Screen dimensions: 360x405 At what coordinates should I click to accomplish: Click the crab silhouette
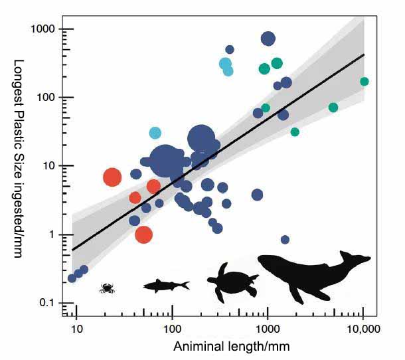coord(106,288)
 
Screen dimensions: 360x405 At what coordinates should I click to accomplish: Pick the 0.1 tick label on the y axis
coord(46,303)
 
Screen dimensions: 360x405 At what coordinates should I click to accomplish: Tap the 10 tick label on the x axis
coord(77,328)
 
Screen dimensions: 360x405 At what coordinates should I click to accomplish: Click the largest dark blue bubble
coord(166,160)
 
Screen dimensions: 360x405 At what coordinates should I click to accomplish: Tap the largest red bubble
coord(112,177)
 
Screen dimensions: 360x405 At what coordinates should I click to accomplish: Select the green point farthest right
coord(364,82)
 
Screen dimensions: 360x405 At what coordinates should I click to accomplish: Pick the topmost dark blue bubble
coord(268,39)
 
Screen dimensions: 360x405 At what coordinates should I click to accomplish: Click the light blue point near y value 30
coord(155,133)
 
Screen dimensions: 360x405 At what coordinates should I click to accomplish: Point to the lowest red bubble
coord(143,234)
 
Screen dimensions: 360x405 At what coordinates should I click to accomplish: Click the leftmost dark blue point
coord(72,278)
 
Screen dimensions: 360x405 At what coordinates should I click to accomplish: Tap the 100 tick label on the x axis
coord(172,328)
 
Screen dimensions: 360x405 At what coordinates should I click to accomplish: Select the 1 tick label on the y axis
coord(52,234)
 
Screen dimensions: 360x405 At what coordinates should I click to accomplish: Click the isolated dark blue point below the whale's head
coord(285,240)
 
